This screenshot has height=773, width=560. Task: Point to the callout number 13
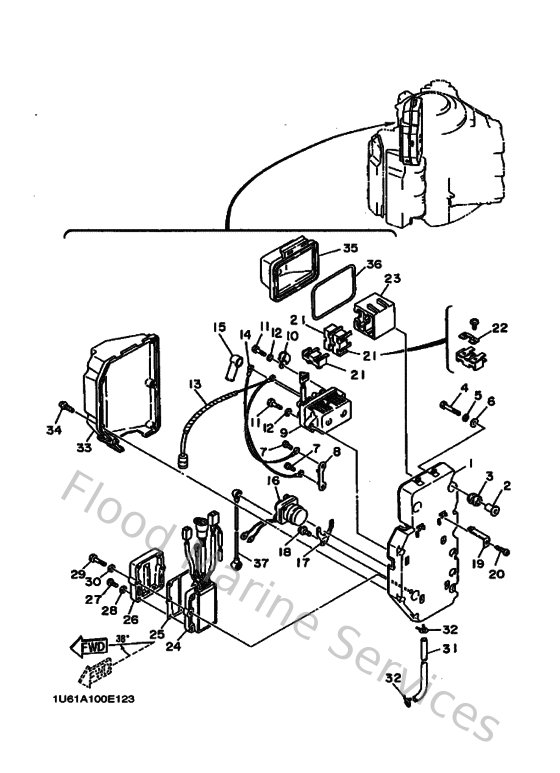(x=193, y=383)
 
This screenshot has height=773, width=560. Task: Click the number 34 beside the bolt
(x=55, y=431)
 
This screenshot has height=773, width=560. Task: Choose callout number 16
(x=272, y=481)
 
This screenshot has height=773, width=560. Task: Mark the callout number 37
(x=262, y=564)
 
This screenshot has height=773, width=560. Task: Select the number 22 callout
(x=500, y=328)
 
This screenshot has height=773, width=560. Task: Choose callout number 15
(x=219, y=327)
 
